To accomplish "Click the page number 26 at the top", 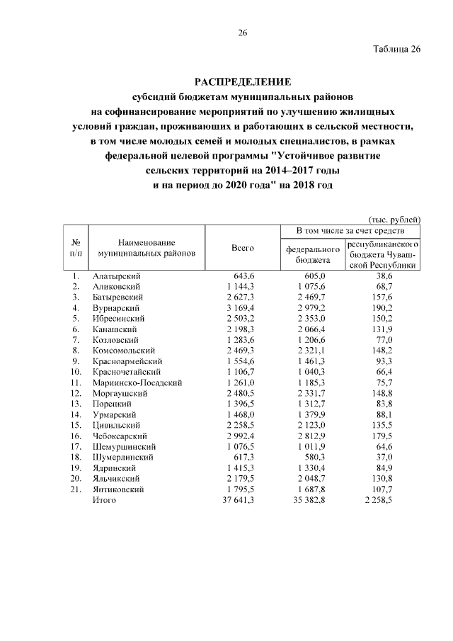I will click(241, 33).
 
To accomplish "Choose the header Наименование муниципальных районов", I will click(147, 247).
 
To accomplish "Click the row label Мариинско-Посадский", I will click(137, 383).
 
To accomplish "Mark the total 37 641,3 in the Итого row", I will click(235, 500).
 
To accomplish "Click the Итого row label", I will click(104, 500).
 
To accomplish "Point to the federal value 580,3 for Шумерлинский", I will click(315, 458).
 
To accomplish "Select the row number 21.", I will click(75, 489).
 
